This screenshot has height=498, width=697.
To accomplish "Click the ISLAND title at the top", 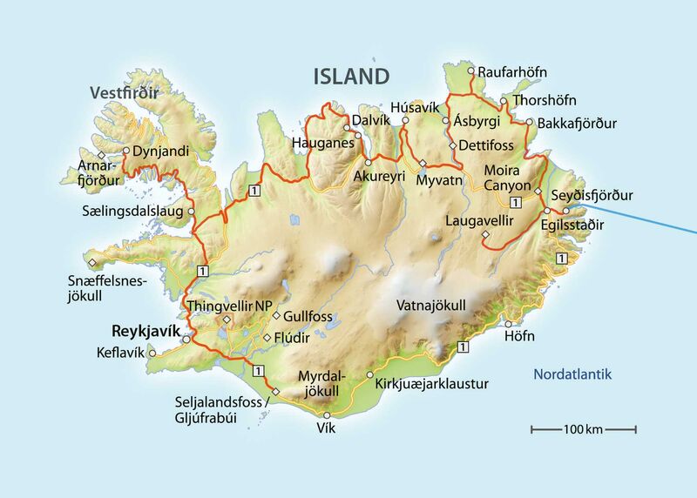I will coord(351,76).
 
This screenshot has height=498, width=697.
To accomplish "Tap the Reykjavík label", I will coord(144,331).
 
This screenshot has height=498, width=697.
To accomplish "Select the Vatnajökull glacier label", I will coord(431,306).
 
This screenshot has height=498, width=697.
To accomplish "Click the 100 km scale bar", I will coord(584,428).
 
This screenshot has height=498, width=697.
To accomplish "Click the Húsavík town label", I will coord(412,107).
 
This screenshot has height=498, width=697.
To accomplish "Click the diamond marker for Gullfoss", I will coord(276,316).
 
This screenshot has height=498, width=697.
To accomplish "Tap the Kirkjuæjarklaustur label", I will coord(431,383).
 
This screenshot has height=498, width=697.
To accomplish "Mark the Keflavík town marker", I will coord(152,353).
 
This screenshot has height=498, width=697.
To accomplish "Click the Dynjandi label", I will coord(162,151).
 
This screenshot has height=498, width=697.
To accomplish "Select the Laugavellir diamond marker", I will coord(484,235).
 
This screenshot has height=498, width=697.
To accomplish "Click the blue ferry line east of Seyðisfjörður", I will coord(645,213).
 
